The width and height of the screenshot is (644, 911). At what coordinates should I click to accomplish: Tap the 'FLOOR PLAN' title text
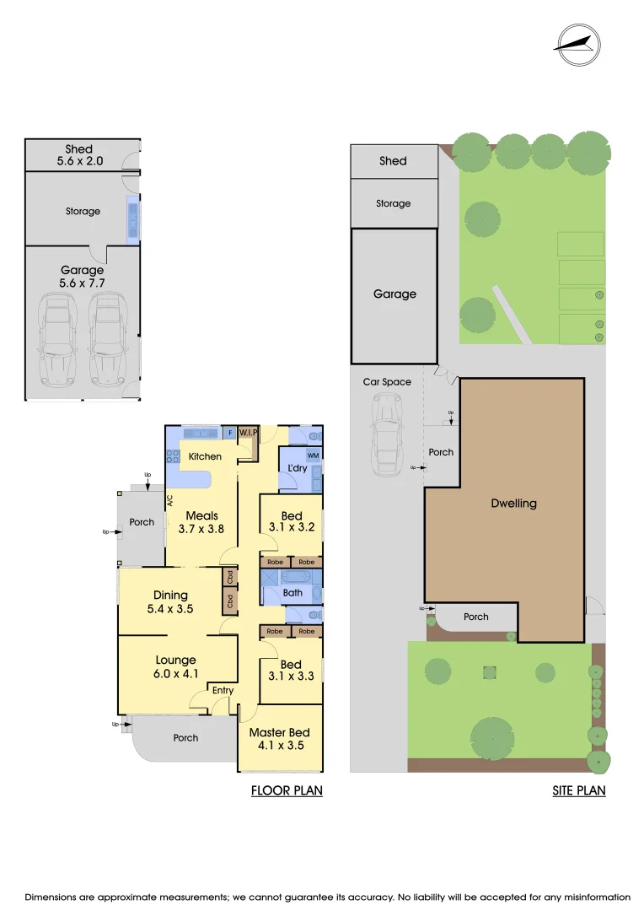[287, 790]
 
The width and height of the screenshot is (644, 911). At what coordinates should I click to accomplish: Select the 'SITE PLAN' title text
[579, 790]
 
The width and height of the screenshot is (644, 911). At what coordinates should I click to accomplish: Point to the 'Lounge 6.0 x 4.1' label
[176, 666]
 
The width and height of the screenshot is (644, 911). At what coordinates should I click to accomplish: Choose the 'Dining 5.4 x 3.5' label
[170, 601]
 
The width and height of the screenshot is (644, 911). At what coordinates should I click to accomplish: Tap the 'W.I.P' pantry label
[248, 433]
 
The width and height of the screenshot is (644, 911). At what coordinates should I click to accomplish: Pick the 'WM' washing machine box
[313, 455]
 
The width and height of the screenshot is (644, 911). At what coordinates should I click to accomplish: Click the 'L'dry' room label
[297, 468]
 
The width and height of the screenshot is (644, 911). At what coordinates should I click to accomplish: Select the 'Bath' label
[292, 593]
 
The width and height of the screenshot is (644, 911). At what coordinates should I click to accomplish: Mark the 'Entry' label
[223, 691]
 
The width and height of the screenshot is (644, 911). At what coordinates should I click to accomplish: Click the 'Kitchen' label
[205, 456]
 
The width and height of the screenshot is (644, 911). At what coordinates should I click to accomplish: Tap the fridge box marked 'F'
[231, 433]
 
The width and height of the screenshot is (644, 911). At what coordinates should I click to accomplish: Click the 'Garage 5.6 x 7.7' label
[82, 277]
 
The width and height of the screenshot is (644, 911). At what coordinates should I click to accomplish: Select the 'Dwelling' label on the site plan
[513, 504]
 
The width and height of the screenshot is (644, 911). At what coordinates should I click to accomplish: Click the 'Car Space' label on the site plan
[387, 382]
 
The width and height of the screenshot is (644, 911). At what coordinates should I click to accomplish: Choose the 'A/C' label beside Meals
[170, 501]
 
